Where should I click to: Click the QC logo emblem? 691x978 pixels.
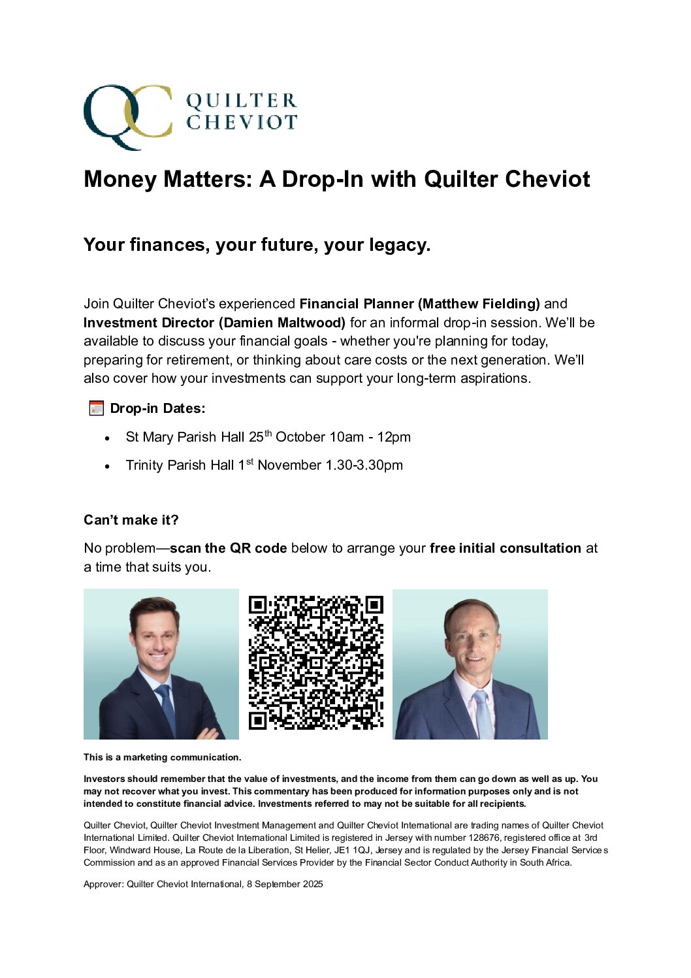(127, 116)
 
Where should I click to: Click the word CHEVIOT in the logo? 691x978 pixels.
(241, 122)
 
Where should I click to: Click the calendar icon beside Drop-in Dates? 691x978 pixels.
(96, 409)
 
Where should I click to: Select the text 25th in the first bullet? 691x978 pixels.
(260, 436)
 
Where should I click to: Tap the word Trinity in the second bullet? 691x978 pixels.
(144, 465)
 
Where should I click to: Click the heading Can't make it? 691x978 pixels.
(131, 520)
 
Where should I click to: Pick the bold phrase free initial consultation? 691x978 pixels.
(505, 548)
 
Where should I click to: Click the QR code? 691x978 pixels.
(315, 662)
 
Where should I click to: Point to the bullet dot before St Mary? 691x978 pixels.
(107, 438)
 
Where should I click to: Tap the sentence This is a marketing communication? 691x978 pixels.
(162, 757)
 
